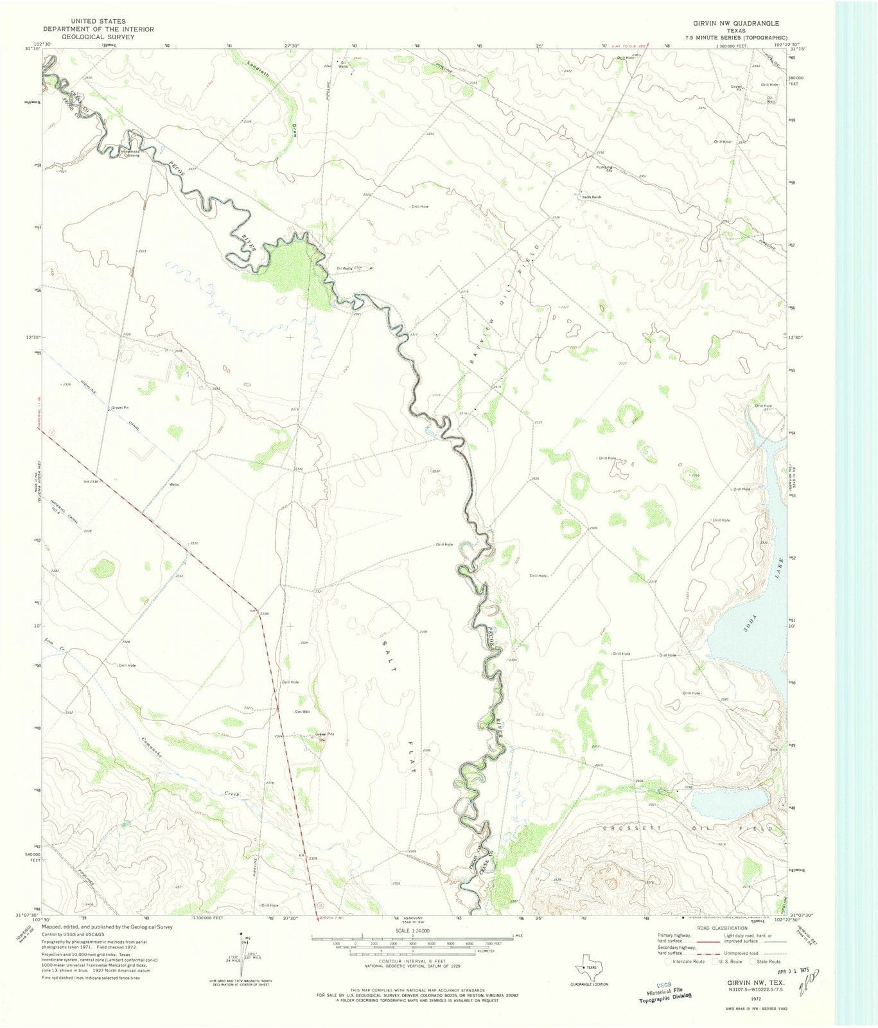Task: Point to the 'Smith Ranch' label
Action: [x=591, y=197]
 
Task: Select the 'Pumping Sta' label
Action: [x=602, y=169]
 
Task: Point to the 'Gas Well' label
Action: [x=303, y=712]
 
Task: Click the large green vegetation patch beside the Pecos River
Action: [x=292, y=270]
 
